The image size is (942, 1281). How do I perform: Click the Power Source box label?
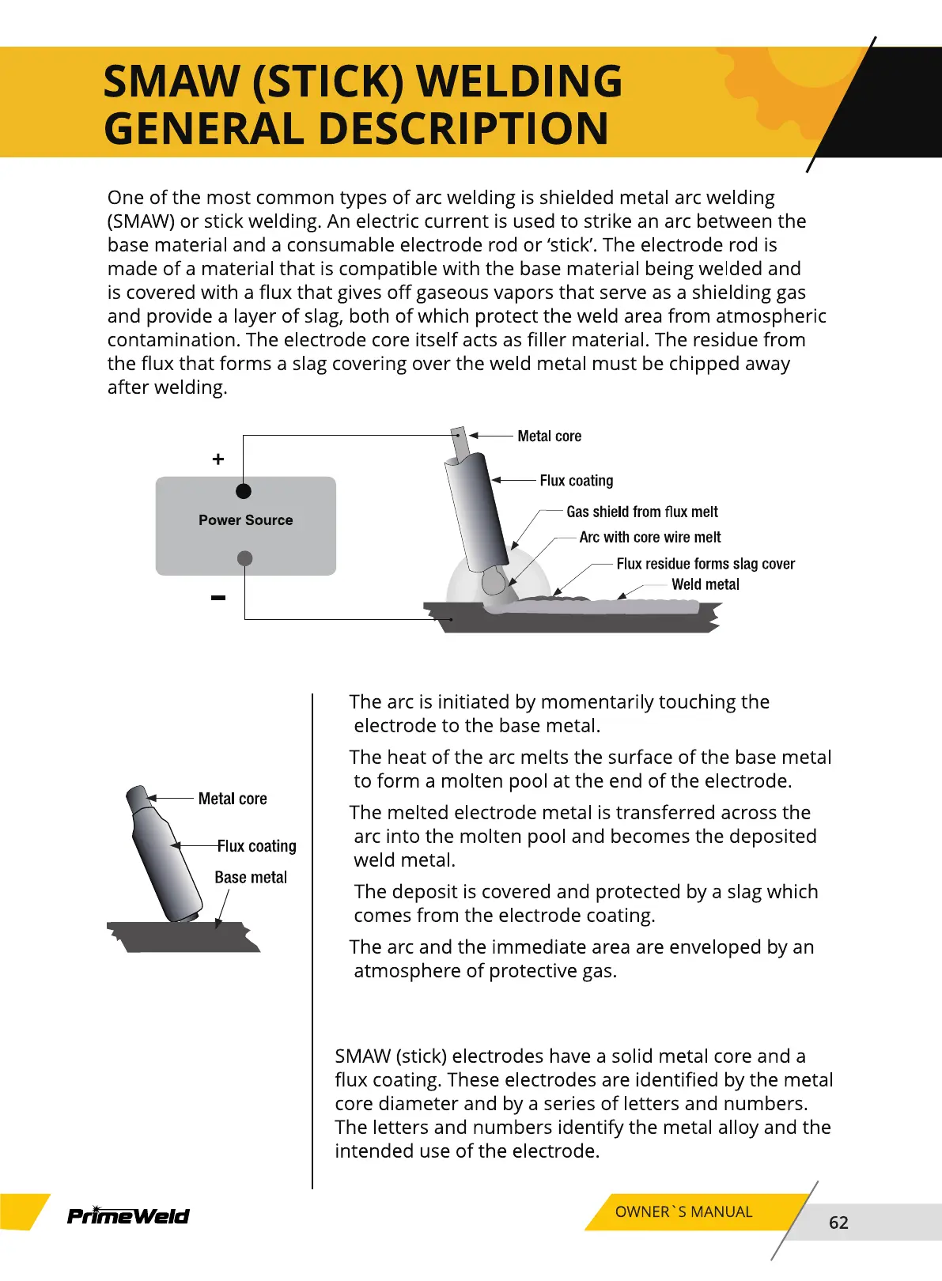(x=245, y=520)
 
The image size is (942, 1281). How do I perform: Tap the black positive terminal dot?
(x=244, y=491)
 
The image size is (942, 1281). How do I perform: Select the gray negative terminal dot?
(x=245, y=558)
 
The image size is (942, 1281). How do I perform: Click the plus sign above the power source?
(x=218, y=459)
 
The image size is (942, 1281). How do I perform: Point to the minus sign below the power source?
(x=218, y=598)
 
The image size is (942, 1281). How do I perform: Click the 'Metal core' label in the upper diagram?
(x=549, y=436)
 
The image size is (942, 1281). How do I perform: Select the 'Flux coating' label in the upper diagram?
(x=576, y=481)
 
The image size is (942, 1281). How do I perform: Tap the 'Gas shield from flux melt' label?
(x=641, y=512)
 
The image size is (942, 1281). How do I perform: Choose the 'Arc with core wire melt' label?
(x=649, y=538)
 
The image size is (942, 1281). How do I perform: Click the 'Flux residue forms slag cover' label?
(x=706, y=564)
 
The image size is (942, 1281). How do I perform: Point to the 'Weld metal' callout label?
(x=705, y=584)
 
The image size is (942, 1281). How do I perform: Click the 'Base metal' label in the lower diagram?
(x=251, y=878)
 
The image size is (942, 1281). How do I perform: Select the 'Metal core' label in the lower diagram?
(x=233, y=799)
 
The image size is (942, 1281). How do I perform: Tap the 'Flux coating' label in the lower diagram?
(x=257, y=846)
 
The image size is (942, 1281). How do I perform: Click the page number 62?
(x=838, y=1222)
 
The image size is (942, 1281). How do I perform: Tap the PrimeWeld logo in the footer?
(x=128, y=1215)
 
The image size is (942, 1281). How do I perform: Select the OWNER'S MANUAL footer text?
(x=683, y=1212)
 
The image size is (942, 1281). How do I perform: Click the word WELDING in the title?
(x=520, y=81)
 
